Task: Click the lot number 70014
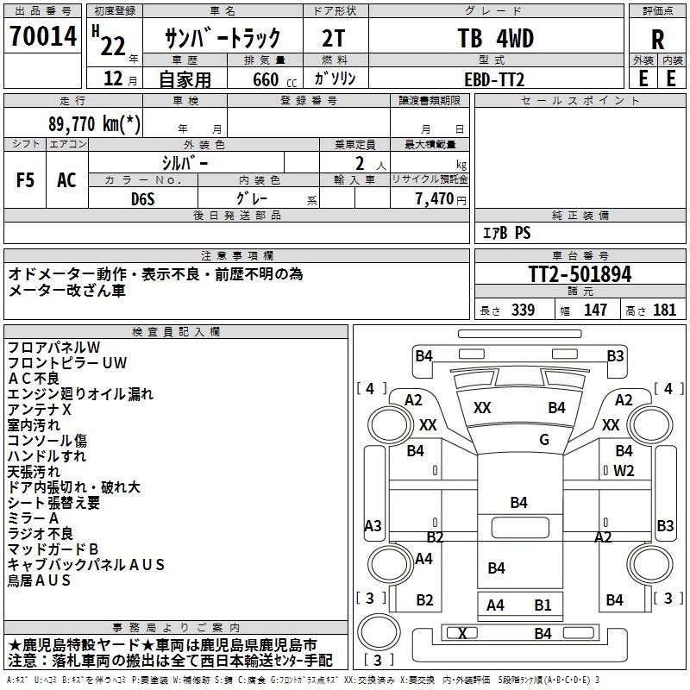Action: point(43,36)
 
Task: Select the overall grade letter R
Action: point(657,40)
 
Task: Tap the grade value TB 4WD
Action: point(496,38)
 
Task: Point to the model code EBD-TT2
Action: point(494,79)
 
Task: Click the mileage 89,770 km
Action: point(94,123)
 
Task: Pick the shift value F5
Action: point(25,179)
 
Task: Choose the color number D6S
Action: point(143,199)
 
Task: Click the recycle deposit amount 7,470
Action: point(435,199)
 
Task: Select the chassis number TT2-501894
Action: point(580,274)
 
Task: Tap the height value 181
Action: point(664,310)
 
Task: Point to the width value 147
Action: point(595,310)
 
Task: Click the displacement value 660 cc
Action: point(274,79)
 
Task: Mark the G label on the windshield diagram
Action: point(544,440)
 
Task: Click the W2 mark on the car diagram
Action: point(624,471)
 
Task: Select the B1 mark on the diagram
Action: point(543,605)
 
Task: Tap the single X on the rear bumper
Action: point(462,634)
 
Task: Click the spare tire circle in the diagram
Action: point(379,632)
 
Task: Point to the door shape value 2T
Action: point(334,38)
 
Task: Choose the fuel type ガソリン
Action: point(335,78)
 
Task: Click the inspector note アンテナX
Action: point(39,410)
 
